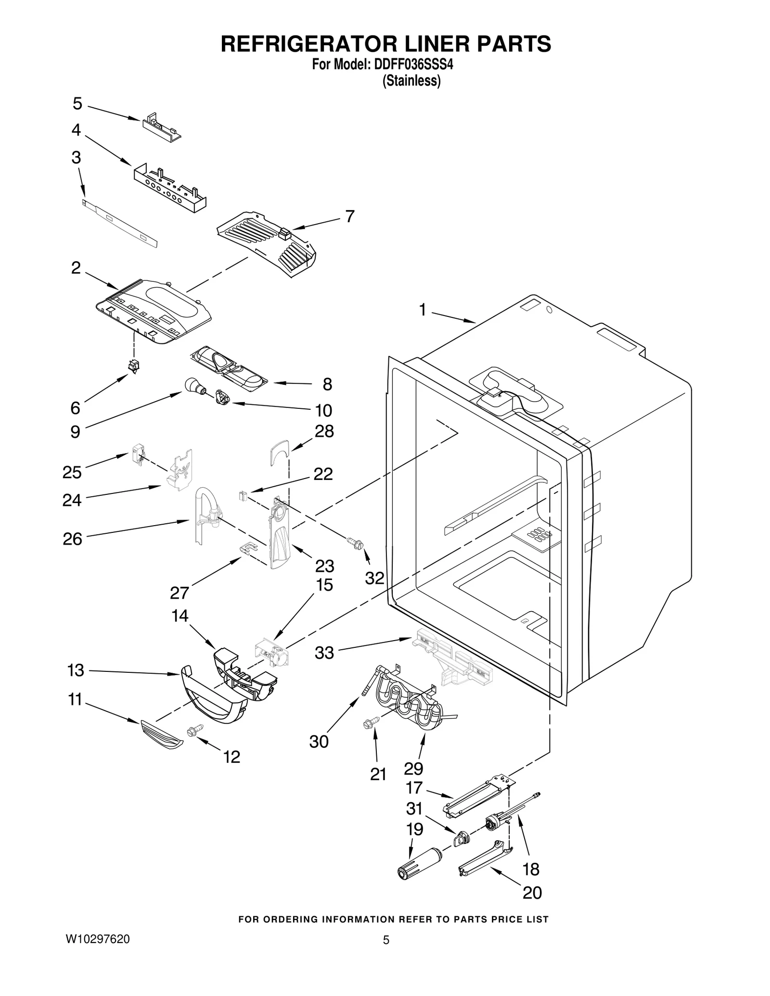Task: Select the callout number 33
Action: click(x=324, y=653)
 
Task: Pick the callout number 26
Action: click(x=72, y=539)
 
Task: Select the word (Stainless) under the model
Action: click(x=411, y=81)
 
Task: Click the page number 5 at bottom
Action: click(x=385, y=940)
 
